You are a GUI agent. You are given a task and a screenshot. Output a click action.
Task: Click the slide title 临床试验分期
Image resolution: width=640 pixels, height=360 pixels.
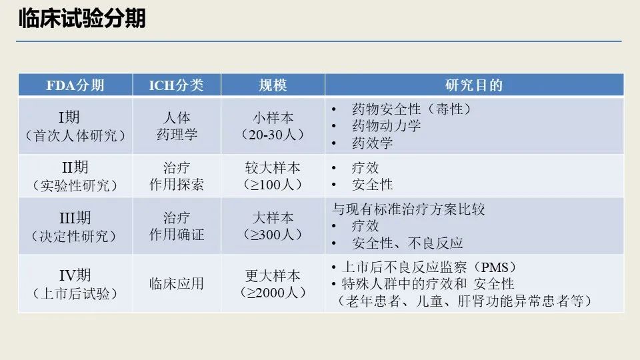click(x=82, y=19)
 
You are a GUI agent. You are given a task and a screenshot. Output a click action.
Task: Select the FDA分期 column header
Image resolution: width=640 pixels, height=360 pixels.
click(x=75, y=85)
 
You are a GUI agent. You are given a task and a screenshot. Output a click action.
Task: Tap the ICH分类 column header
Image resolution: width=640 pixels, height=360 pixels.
click(x=176, y=85)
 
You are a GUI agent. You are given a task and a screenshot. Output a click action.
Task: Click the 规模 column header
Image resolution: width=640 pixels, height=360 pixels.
click(x=273, y=85)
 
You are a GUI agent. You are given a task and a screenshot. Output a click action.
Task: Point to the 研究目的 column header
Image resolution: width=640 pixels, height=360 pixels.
click(x=474, y=85)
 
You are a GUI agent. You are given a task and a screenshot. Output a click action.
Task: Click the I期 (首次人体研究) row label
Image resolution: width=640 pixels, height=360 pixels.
click(x=75, y=126)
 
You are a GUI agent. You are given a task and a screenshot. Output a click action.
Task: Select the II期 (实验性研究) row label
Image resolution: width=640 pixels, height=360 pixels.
click(x=75, y=176)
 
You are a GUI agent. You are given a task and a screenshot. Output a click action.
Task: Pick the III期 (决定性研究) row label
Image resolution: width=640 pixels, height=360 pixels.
click(x=75, y=227)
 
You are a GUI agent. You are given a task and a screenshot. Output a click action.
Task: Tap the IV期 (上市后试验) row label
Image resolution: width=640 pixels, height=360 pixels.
click(x=75, y=284)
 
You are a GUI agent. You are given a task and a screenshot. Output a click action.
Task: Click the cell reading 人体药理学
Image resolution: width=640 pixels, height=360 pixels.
click(x=177, y=126)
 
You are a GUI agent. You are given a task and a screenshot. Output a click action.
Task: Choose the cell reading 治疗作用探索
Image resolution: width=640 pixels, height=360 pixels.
click(x=177, y=176)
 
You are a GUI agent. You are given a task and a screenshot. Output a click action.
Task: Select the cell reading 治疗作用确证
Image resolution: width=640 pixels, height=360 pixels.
click(x=177, y=226)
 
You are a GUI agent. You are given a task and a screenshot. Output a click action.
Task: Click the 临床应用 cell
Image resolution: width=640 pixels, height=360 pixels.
click(x=177, y=284)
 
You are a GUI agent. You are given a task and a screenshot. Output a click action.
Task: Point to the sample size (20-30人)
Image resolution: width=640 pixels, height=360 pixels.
click(x=273, y=135)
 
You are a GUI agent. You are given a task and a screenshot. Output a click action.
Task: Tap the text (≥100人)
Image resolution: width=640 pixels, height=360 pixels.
click(x=273, y=185)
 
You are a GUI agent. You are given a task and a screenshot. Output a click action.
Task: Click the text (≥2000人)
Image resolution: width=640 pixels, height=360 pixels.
click(x=273, y=292)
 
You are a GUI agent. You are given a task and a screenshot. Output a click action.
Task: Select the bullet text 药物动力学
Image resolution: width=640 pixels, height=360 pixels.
click(x=386, y=126)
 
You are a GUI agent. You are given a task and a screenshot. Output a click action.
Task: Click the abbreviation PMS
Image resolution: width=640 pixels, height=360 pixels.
click(x=495, y=267)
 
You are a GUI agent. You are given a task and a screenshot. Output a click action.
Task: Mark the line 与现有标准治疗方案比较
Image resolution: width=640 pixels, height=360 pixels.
click(x=408, y=209)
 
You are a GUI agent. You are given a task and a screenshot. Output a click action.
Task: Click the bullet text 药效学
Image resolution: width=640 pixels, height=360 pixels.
click(x=372, y=143)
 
